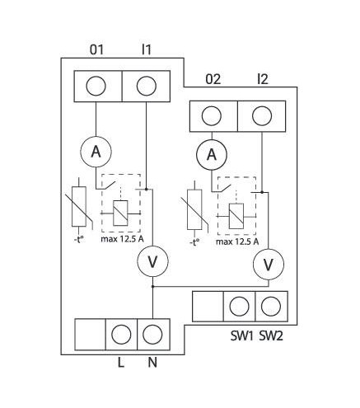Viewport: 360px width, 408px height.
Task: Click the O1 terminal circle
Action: pyautogui.click(x=96, y=86)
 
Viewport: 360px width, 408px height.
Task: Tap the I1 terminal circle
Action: pyautogui.click(x=146, y=86)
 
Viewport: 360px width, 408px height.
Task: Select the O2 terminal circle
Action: pyautogui.click(x=212, y=115)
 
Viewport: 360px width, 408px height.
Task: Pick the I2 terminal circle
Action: pyautogui.click(x=262, y=115)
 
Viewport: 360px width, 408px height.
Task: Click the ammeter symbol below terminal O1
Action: pyautogui.click(x=96, y=152)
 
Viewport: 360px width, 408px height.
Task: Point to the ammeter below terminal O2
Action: pyautogui.click(x=212, y=155)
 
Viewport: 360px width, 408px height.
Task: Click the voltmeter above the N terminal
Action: pyautogui.click(x=152, y=261)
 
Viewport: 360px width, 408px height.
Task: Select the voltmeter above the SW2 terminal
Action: pyautogui.click(x=269, y=265)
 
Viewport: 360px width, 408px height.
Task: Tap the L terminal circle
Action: pyautogui.click(x=121, y=335)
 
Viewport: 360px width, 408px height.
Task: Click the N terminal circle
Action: pyautogui.click(x=152, y=335)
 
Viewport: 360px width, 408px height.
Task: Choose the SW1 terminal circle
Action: pyautogui.click(x=239, y=307)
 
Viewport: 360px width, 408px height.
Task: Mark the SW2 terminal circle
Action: pyautogui.click(x=271, y=307)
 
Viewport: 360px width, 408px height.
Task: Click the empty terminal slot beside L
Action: pyautogui.click(x=90, y=335)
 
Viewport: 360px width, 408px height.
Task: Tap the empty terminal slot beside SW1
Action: pyautogui.click(x=208, y=307)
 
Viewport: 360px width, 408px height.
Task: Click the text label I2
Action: pyautogui.click(x=262, y=79)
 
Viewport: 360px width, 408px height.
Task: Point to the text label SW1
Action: pyautogui.click(x=241, y=335)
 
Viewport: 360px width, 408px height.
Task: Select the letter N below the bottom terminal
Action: pyautogui.click(x=152, y=363)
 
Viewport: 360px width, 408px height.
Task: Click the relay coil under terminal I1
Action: pyautogui.click(x=120, y=213)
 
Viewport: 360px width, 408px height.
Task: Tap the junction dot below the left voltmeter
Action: pyautogui.click(x=153, y=287)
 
